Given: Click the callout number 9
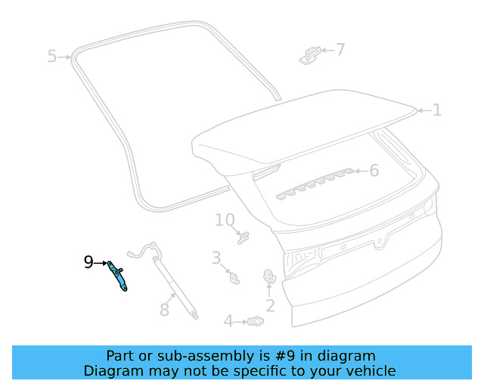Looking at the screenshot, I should pyautogui.click(x=88, y=262).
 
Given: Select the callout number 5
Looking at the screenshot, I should pyautogui.click(x=52, y=56).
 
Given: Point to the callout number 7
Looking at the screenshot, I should pyautogui.click(x=340, y=50).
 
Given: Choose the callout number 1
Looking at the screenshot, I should pyautogui.click(x=437, y=110).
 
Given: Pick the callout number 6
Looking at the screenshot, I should pyautogui.click(x=374, y=171).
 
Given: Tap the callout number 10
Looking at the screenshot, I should pyautogui.click(x=225, y=220).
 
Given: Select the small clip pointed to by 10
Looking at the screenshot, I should pyautogui.click(x=244, y=237).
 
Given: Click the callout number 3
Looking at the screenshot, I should pyautogui.click(x=216, y=258).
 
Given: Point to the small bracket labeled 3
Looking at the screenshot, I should pyautogui.click(x=234, y=278).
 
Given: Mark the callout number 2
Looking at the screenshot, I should pyautogui.click(x=270, y=306).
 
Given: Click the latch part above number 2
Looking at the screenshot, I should pyautogui.click(x=268, y=279).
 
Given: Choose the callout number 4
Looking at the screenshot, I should pyautogui.click(x=228, y=322).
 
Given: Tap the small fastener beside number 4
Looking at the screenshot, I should pyautogui.click(x=256, y=322).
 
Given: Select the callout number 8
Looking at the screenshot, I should pyautogui.click(x=165, y=309).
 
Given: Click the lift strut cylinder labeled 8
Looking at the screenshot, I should pyautogui.click(x=175, y=283).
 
